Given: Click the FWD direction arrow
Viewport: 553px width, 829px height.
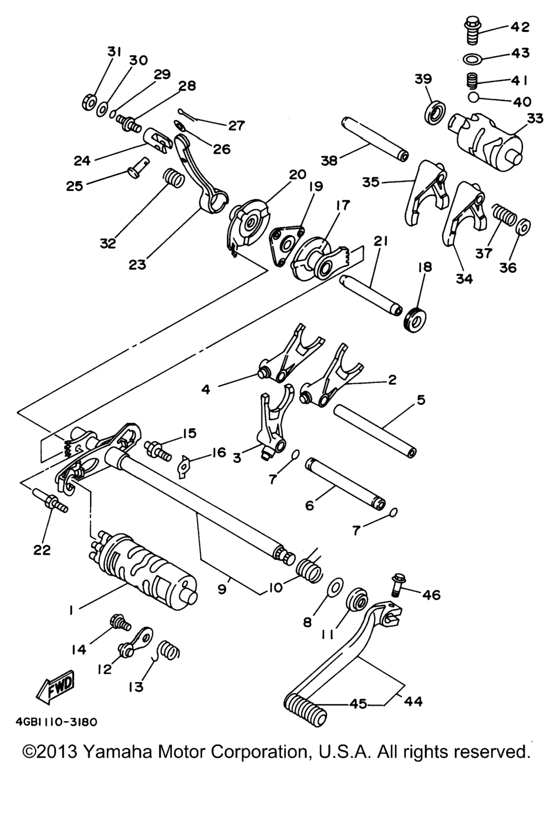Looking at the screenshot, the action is (x=56, y=688).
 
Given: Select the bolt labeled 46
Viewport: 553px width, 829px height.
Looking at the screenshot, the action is (x=399, y=585).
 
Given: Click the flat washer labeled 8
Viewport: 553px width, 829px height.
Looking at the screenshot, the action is (x=335, y=587).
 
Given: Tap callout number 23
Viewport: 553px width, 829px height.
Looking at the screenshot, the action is (x=137, y=264).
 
